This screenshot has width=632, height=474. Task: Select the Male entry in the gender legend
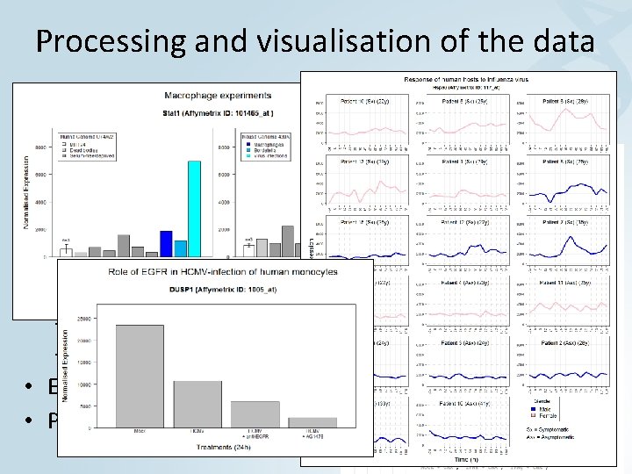[x=545, y=411]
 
